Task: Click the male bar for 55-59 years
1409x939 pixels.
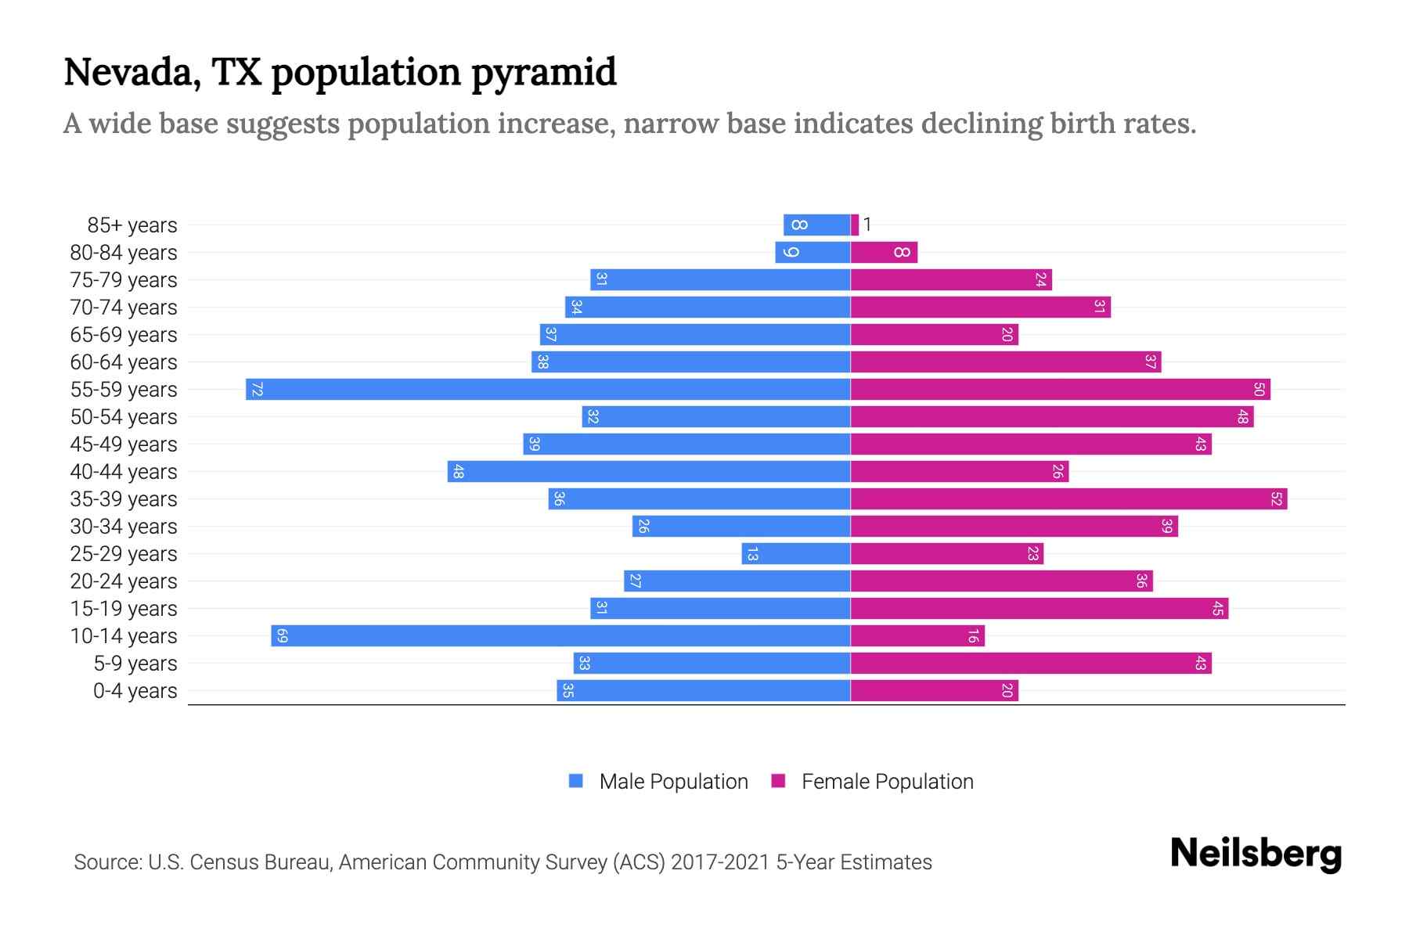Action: [x=548, y=389]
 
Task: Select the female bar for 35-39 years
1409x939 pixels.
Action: [x=1068, y=498]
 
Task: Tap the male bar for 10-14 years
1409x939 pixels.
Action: [x=560, y=635]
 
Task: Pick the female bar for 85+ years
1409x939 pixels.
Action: [x=855, y=225]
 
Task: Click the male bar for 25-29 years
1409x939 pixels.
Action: [x=796, y=553]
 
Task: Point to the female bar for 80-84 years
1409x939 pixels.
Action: [x=884, y=252]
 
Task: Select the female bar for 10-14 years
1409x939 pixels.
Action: [x=917, y=635]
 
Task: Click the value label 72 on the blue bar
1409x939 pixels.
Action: [x=257, y=389]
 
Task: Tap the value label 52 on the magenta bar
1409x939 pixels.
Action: [x=1277, y=498]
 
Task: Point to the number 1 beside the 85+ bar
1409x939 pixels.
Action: [x=867, y=225]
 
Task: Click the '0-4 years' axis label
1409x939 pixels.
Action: [x=135, y=691]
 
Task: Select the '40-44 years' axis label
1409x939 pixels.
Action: [x=124, y=472]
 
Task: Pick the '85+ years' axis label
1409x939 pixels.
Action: [x=132, y=225]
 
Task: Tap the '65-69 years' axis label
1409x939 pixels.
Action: [x=124, y=335]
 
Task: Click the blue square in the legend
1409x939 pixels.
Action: [x=576, y=781]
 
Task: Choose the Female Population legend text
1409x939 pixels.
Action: [x=887, y=781]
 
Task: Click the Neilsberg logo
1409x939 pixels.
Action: [x=1256, y=854]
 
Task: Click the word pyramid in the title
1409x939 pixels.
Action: [x=543, y=73]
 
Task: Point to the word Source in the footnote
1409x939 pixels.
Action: [x=107, y=862]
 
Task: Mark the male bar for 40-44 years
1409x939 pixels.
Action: [x=649, y=471]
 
